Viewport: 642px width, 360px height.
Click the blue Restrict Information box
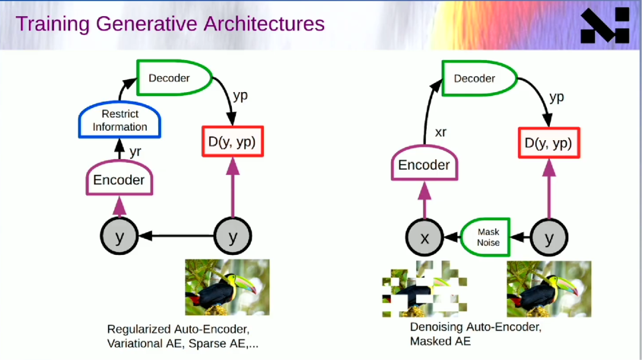119,119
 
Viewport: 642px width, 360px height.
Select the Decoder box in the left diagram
174,78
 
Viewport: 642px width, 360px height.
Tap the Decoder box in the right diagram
479,78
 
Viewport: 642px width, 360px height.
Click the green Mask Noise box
486,237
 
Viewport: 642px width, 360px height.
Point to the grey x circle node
424,238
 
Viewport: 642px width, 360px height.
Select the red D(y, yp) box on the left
232,141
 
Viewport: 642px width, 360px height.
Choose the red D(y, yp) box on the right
549,143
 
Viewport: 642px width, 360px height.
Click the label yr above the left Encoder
135,151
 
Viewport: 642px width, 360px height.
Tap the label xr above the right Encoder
440,132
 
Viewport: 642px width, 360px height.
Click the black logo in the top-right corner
605,25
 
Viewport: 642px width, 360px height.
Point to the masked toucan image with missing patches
424,289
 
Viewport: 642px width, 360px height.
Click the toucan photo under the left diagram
227,287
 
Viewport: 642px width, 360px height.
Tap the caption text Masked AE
440,341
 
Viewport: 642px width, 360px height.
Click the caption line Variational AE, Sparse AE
182,343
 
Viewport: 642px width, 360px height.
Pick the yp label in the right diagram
557,98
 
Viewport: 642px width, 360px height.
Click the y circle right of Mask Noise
549,238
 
